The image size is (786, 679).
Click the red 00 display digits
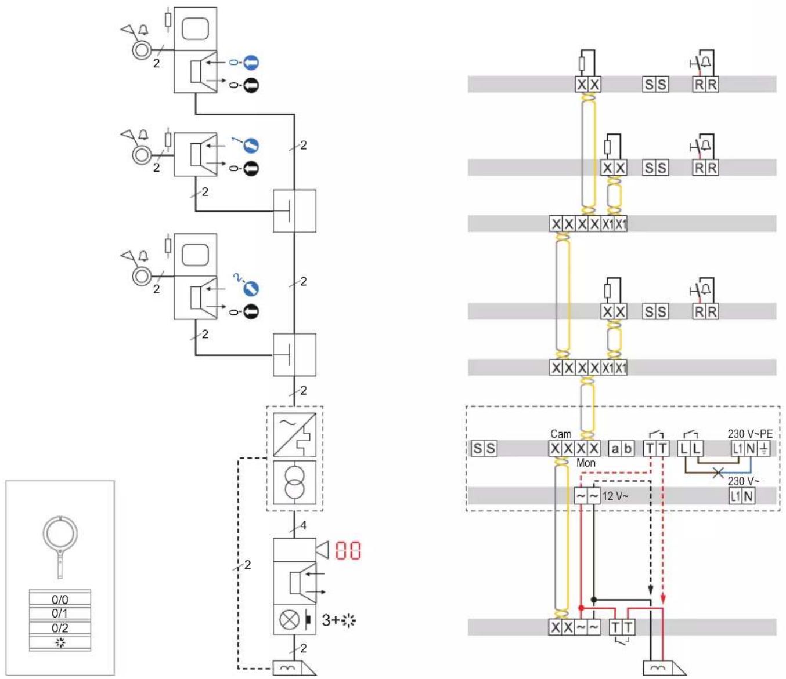coord(348,551)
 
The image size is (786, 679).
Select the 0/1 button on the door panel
coord(60,613)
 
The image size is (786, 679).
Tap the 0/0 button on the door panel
coord(60,599)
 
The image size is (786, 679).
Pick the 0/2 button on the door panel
coord(60,628)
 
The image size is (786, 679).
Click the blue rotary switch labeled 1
coord(251,146)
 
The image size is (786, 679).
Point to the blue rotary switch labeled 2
coord(251,289)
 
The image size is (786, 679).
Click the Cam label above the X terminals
coord(561,434)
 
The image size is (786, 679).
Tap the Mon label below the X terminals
coord(586,463)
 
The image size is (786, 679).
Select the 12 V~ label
coord(615,496)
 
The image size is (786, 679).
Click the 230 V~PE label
coord(750,434)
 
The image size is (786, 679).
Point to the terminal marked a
coord(615,448)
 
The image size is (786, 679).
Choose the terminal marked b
coord(628,448)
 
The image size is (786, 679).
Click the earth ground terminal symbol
coord(763,448)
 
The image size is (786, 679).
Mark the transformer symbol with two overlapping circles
coord(294,482)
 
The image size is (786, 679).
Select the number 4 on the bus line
coord(303,525)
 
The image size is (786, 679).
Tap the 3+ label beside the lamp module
coord(330,620)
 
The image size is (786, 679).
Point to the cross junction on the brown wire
coord(718,473)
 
